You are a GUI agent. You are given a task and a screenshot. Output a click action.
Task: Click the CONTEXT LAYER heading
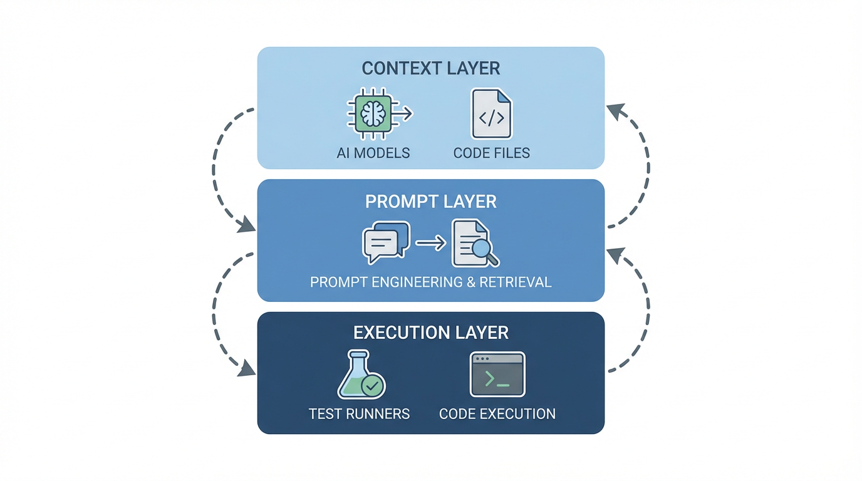[431, 68]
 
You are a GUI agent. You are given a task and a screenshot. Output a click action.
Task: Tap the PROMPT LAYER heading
[431, 201]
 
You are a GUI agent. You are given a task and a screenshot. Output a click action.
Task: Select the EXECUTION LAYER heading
[431, 332]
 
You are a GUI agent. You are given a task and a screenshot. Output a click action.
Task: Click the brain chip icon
[373, 114]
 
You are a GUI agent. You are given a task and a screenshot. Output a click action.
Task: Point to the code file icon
[491, 114]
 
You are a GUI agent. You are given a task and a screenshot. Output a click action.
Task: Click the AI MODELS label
[373, 153]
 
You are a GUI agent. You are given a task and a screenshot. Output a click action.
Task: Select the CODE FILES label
[491, 153]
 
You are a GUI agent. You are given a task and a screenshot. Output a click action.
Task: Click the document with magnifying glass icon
[475, 243]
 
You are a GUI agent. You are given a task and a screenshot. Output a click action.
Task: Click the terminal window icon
[497, 375]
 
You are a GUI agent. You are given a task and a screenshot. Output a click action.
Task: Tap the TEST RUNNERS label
[359, 414]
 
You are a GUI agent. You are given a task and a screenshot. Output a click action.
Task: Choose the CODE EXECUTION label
[497, 414]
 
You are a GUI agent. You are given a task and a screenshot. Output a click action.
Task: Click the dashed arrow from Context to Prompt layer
[216, 169]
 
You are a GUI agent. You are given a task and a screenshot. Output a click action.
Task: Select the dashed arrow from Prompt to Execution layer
[216, 313]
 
